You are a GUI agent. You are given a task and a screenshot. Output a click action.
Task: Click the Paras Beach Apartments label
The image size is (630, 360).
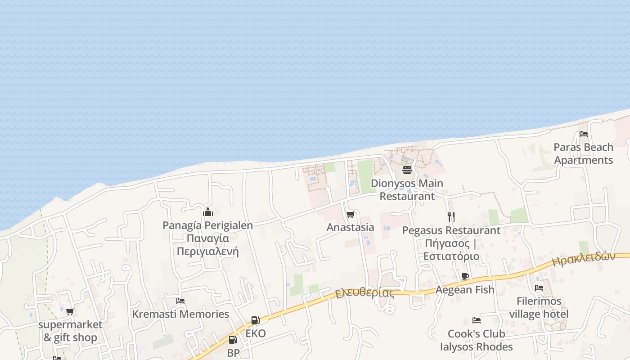coord(583,153)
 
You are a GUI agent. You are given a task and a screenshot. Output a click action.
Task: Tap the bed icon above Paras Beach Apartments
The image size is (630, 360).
coord(584,134)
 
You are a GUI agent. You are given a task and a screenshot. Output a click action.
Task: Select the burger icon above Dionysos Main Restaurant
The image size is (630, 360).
coord(407,170)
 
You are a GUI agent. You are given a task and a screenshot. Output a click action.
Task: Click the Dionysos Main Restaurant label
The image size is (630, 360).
coord(407,189)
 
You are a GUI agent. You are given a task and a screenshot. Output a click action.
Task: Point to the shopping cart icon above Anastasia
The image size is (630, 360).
coord(350,214)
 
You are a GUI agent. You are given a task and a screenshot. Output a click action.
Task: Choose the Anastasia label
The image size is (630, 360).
coord(350,227)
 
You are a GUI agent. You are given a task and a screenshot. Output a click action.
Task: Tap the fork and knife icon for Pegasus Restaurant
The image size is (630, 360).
coord(451,217)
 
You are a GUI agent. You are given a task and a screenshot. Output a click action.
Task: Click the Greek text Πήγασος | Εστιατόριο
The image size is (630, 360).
coord(451,250)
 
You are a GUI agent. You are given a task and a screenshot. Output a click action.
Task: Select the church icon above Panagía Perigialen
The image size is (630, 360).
coord(207,212)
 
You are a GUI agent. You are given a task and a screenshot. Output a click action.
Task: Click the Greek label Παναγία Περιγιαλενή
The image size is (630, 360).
coord(207,245)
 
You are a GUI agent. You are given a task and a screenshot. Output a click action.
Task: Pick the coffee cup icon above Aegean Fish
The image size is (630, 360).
coord(465,276)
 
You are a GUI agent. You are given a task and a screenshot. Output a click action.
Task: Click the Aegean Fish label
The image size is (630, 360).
coord(465,290)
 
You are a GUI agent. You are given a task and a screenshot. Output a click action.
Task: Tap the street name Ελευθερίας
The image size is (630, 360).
coord(364,293)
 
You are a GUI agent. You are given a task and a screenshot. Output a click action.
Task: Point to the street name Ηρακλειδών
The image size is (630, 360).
coord(583,260)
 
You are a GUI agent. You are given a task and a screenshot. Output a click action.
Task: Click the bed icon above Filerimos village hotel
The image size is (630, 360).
coord(539,288)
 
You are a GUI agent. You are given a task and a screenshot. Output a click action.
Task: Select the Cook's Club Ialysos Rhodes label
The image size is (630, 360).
coord(476,340)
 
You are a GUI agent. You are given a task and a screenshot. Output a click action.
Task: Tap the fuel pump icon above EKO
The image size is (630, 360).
coord(255,320)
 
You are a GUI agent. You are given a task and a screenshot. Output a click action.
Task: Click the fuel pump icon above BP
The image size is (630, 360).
coord(233,340)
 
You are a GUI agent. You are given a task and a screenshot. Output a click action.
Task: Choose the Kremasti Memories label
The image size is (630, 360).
coord(180,314)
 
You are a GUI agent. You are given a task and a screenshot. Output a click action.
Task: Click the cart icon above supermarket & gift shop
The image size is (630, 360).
coord(70,311)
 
